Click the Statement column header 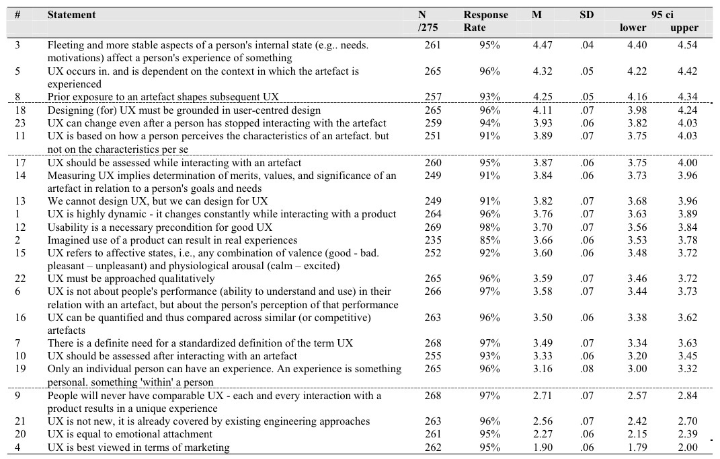(x=71, y=15)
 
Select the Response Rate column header (x=485, y=21)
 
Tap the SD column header (x=586, y=15)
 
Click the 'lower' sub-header (x=633, y=28)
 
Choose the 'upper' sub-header (x=684, y=28)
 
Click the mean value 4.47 (x=542, y=45)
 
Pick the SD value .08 (x=587, y=369)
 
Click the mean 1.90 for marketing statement (x=542, y=447)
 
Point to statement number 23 (x=20, y=123)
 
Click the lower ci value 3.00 (x=633, y=369)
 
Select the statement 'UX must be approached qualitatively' (x=130, y=279)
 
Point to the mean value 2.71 (x=542, y=395)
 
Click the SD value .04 (x=587, y=45)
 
